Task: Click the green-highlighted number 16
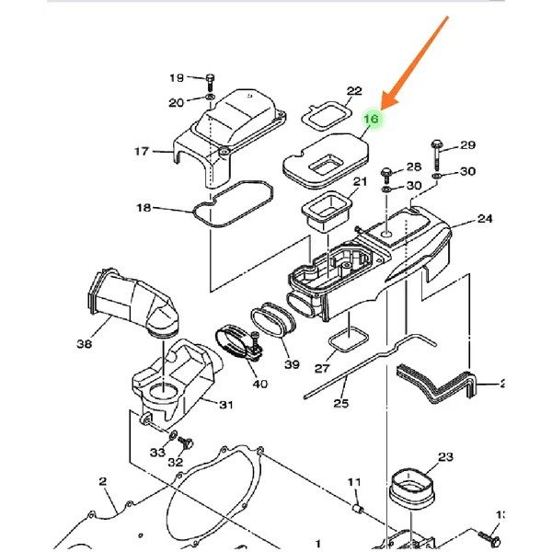pyautogui.click(x=372, y=119)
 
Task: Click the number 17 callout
pyautogui.click(x=141, y=151)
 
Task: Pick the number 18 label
pyautogui.click(x=144, y=208)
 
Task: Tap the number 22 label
pyautogui.click(x=354, y=91)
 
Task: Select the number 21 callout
pyautogui.click(x=360, y=181)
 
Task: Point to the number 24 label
pyautogui.click(x=486, y=219)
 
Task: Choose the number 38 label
pyautogui.click(x=84, y=345)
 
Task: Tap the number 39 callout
pyautogui.click(x=292, y=364)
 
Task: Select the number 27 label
pyautogui.click(x=321, y=368)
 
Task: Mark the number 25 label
pyautogui.click(x=341, y=403)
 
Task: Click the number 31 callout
pyautogui.click(x=226, y=404)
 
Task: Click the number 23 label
pyautogui.click(x=446, y=457)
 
